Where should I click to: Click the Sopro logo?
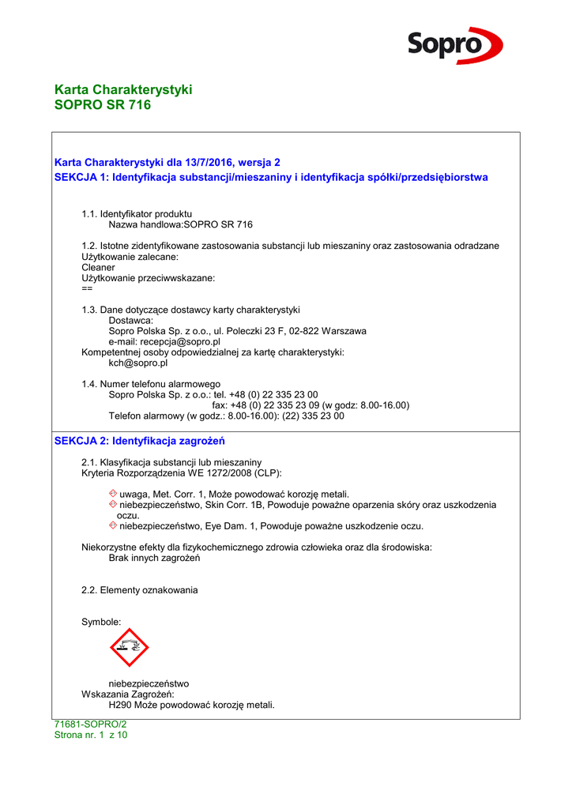(454, 45)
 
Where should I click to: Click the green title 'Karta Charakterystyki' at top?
(123, 89)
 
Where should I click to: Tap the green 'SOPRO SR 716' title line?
(102, 104)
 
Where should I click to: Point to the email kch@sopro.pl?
(137, 363)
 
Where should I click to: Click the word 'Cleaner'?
(98, 268)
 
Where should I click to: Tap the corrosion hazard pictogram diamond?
(130, 648)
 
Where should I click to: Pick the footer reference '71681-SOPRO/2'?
(90, 724)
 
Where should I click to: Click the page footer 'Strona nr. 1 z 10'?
(91, 735)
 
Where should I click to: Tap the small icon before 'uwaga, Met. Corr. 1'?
(113, 494)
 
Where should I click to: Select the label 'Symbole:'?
(101, 623)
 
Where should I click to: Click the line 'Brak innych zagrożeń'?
(154, 559)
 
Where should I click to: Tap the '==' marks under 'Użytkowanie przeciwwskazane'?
(87, 288)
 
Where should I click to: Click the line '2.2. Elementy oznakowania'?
(140, 590)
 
